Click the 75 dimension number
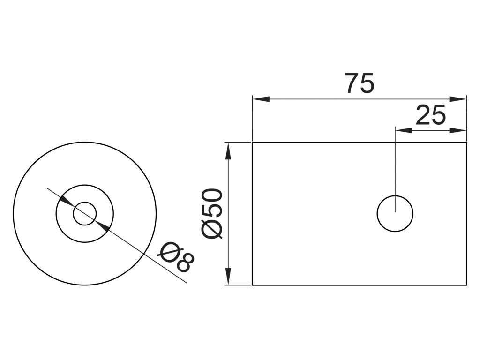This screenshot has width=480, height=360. coord(360,83)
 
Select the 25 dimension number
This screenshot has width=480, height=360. coord(431,115)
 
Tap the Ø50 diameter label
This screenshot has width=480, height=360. coord(212,213)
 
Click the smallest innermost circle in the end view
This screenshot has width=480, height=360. coord(85,202)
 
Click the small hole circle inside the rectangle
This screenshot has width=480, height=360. coord(395,196)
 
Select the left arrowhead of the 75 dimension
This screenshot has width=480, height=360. coord(261,99)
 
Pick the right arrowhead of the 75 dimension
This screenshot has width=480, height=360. coord(457,99)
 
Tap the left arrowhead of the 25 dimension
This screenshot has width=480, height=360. coord(404,130)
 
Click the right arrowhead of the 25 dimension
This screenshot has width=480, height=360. coord(457,130)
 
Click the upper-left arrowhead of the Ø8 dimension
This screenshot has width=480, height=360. coord(66,201)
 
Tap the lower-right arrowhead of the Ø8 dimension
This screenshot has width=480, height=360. coord(104,226)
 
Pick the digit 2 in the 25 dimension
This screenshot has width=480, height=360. coord(423,115)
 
